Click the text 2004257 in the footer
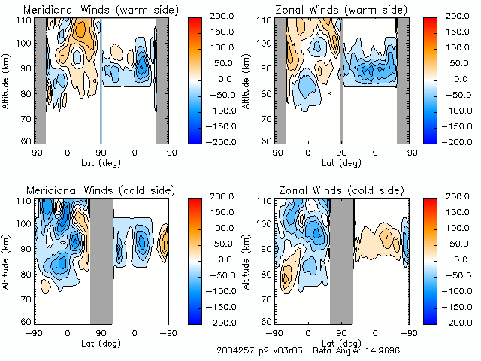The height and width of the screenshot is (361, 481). coord(234,350)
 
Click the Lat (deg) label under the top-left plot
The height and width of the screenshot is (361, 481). coord(101,162)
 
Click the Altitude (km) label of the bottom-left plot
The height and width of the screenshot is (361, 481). coord(8,260)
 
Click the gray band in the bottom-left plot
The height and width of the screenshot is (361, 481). coord(101,260)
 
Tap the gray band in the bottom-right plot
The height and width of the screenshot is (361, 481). coord(340,260)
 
